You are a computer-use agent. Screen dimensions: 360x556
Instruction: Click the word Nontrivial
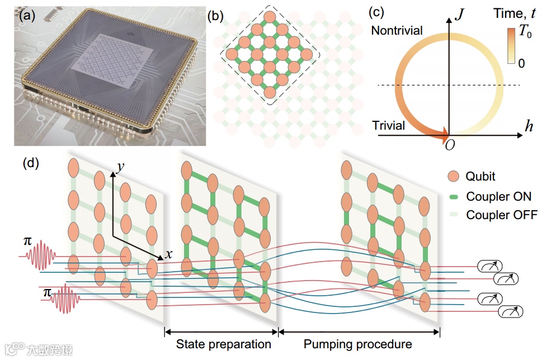pyautogui.click(x=397, y=31)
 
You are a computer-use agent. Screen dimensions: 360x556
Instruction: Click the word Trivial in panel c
pyautogui.click(x=389, y=125)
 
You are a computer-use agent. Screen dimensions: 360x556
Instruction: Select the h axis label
pyautogui.click(x=529, y=126)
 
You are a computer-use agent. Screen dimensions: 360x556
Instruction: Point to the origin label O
pyautogui.click(x=449, y=145)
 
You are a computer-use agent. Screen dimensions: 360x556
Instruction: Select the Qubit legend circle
pyautogui.click(x=454, y=177)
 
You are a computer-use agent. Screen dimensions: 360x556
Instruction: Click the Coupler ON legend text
pyautogui.click(x=498, y=196)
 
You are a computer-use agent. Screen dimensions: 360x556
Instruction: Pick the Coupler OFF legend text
pyautogui.click(x=501, y=215)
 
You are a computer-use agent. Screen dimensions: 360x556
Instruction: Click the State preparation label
pyautogui.click(x=224, y=344)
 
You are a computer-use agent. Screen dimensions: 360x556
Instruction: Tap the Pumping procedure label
pyautogui.click(x=357, y=344)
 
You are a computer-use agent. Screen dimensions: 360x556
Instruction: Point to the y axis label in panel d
pyautogui.click(x=119, y=167)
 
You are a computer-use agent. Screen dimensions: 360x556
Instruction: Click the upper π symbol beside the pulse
pyautogui.click(x=26, y=240)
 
